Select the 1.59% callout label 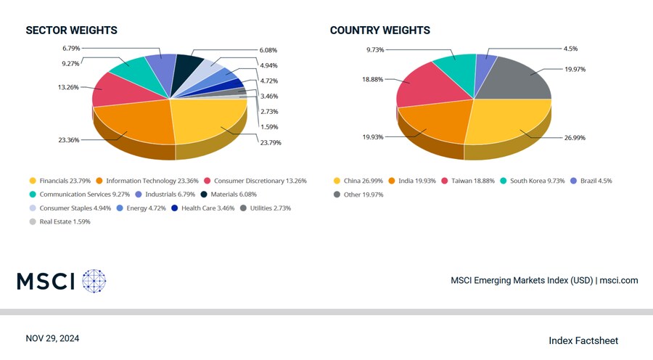tap(268, 126)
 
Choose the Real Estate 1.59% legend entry tap(60, 221)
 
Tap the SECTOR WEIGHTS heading tap(71, 30)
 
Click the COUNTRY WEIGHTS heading tap(379, 30)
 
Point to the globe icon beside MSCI tap(94, 281)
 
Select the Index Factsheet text tap(583, 340)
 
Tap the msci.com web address tap(619, 280)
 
